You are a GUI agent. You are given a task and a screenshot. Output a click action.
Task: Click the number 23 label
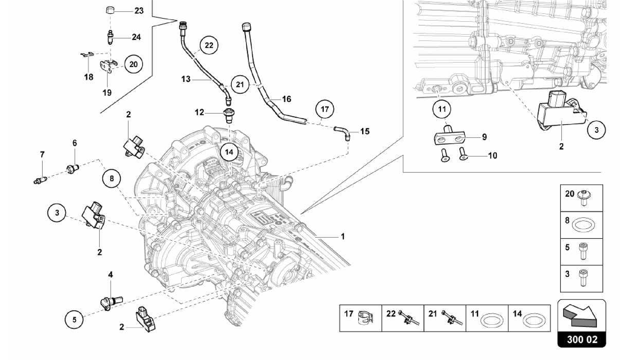pyautogui.click(x=139, y=11)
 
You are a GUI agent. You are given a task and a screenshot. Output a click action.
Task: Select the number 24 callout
pyautogui.click(x=136, y=37)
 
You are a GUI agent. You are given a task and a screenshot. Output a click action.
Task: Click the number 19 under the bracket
pyautogui.click(x=107, y=92)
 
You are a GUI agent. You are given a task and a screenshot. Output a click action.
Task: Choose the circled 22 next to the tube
pyautogui.click(x=209, y=46)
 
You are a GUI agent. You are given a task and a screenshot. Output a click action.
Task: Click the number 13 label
pyautogui.click(x=186, y=79)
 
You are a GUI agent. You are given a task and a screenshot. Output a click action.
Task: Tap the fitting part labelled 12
pyautogui.click(x=228, y=115)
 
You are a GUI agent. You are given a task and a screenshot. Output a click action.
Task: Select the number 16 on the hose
pyautogui.click(x=286, y=99)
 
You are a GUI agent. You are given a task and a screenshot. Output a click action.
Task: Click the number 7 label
pyautogui.click(x=42, y=154)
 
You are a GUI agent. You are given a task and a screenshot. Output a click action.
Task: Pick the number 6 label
pyautogui.click(x=75, y=143)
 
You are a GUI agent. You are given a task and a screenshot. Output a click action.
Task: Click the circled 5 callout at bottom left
pyautogui.click(x=75, y=320)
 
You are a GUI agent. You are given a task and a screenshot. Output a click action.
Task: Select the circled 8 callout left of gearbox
pyautogui.click(x=112, y=178)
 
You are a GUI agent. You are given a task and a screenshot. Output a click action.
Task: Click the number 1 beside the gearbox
pyautogui.click(x=343, y=236)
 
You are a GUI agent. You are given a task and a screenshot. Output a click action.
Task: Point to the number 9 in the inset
pyautogui.click(x=484, y=137)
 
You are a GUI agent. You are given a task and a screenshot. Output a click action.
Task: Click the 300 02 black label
pyautogui.click(x=582, y=340)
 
